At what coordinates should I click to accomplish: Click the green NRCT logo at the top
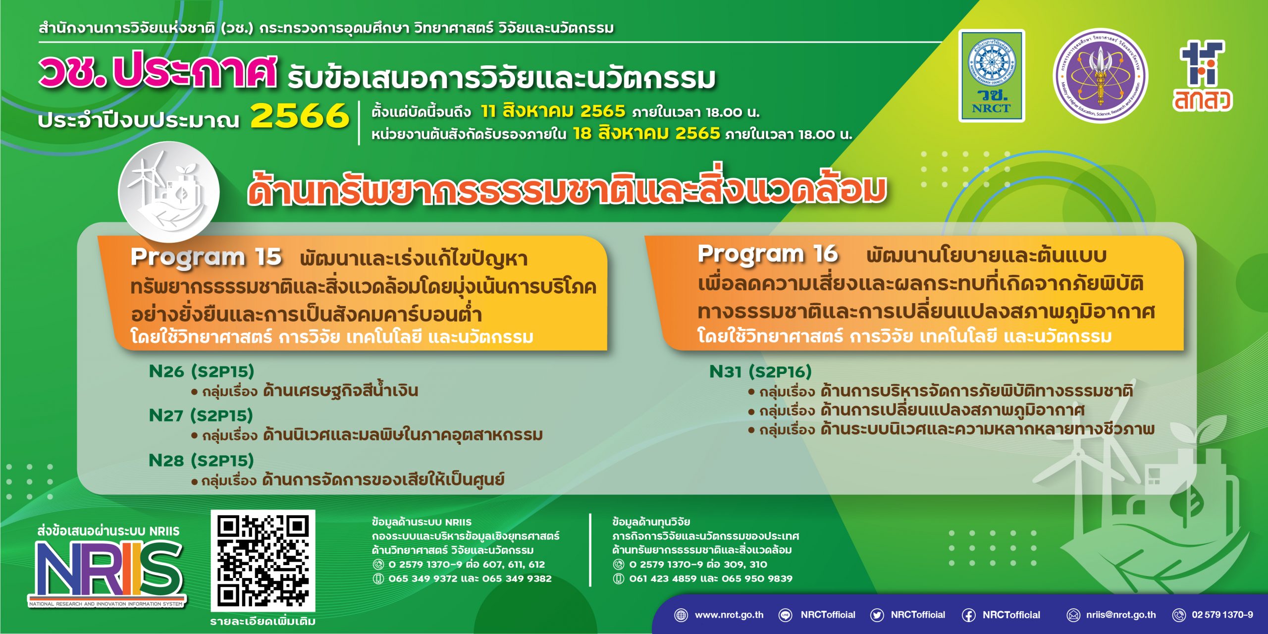click(x=992, y=76)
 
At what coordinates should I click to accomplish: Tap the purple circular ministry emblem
click(x=1101, y=75)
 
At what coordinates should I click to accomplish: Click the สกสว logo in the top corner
click(x=1203, y=76)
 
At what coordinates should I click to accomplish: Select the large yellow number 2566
click(x=300, y=116)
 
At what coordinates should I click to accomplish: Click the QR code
click(x=263, y=561)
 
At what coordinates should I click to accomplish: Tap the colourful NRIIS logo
click(x=107, y=573)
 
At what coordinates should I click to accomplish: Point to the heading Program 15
click(x=206, y=257)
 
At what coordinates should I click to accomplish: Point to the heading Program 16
click(x=768, y=254)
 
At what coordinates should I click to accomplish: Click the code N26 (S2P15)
click(x=202, y=371)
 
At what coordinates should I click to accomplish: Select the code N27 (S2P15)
click(x=201, y=416)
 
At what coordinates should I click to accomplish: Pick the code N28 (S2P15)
click(x=202, y=461)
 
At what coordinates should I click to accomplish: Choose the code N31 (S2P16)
click(x=761, y=371)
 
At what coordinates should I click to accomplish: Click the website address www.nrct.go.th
click(x=729, y=615)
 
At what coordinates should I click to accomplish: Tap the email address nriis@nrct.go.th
click(x=1121, y=615)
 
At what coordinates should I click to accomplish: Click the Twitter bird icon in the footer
click(x=877, y=615)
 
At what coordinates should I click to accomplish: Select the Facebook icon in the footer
click(x=969, y=615)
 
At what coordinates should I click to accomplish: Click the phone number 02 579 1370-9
click(x=1222, y=615)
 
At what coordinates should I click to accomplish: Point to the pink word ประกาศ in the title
click(x=194, y=73)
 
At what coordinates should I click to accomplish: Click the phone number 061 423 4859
click(x=663, y=579)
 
